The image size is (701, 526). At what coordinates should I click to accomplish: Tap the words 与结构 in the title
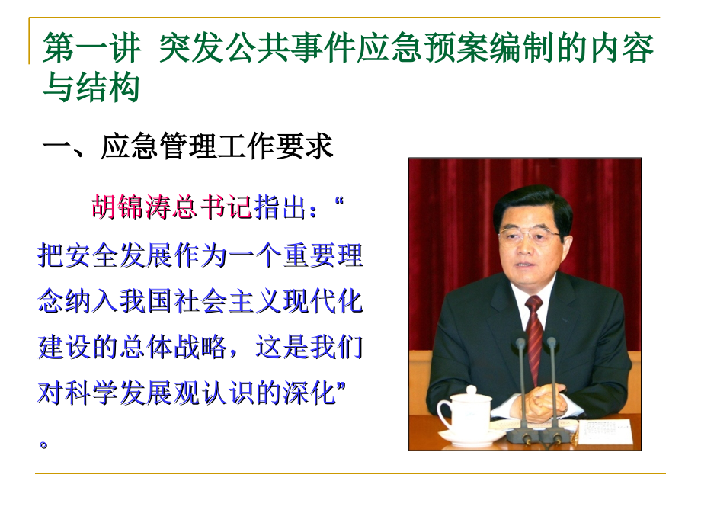click(x=91, y=88)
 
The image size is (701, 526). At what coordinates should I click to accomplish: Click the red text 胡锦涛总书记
click(x=171, y=207)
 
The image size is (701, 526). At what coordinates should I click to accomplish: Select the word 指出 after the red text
click(x=280, y=207)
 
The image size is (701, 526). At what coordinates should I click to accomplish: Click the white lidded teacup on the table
click(x=466, y=412)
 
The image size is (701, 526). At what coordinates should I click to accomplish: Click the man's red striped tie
click(x=534, y=328)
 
